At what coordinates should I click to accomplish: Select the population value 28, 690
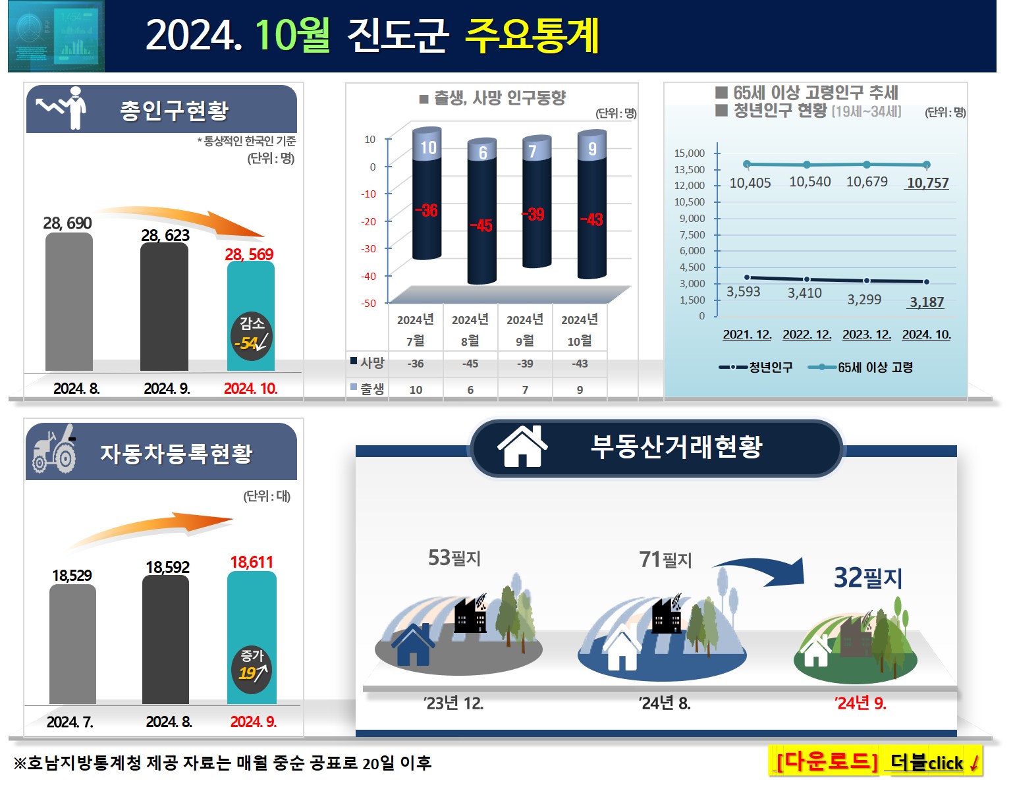click(x=67, y=223)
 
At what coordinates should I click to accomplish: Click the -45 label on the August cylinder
click(x=481, y=225)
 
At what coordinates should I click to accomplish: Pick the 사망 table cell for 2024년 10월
click(x=580, y=364)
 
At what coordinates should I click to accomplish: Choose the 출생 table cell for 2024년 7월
click(x=416, y=390)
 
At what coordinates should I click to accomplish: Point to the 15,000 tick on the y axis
click(x=689, y=153)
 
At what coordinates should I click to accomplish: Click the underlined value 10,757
click(x=927, y=182)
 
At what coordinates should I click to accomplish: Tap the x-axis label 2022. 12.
click(x=807, y=335)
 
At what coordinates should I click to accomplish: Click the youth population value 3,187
click(x=927, y=302)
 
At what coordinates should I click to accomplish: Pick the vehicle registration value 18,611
click(x=252, y=562)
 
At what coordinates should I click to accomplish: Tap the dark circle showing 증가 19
click(x=252, y=669)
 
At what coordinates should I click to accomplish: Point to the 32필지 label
click(x=868, y=578)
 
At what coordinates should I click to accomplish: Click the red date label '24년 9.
click(x=860, y=703)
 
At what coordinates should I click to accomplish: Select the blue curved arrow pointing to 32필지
click(x=764, y=569)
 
